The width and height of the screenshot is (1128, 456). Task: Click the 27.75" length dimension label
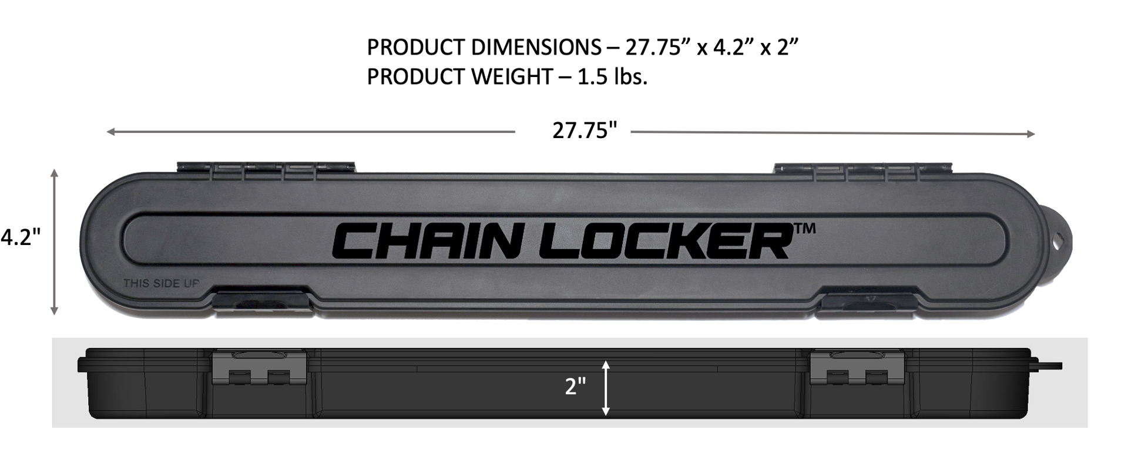click(585, 130)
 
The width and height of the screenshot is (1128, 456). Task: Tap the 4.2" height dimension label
click(21, 237)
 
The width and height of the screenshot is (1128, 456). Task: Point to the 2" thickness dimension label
click(575, 387)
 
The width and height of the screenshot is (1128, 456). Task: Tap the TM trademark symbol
click(804, 229)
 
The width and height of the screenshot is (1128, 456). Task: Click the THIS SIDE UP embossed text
click(161, 284)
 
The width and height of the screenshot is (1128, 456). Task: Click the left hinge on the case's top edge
click(266, 168)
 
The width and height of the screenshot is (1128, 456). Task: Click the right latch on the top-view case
click(867, 301)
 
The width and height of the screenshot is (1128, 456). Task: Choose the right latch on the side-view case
click(857, 367)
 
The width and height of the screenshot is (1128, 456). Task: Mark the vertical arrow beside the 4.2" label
click(55, 242)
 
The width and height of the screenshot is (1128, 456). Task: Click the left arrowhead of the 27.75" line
click(110, 132)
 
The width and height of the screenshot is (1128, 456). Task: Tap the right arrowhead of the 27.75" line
click(1030, 135)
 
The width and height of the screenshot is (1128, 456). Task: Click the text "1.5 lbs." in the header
click(612, 77)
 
